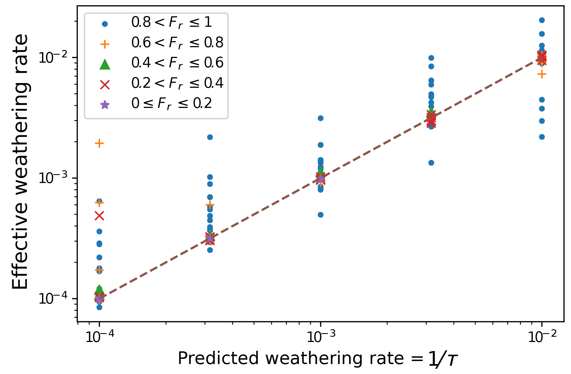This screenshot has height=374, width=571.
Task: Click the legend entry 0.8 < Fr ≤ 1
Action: (x=171, y=23)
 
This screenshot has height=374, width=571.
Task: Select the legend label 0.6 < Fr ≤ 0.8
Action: (x=177, y=43)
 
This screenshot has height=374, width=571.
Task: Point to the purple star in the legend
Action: (x=105, y=105)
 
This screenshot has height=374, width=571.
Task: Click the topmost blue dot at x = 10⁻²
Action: (x=542, y=20)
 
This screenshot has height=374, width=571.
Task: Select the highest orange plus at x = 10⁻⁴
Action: (x=99, y=143)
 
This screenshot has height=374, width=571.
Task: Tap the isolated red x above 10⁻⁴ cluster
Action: (x=99, y=216)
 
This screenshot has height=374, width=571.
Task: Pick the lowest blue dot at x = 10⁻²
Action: (x=542, y=137)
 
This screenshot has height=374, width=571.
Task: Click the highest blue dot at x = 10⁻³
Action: (x=320, y=118)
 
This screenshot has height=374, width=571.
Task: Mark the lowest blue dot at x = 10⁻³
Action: (x=320, y=215)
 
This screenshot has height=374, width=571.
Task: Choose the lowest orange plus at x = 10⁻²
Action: (x=542, y=74)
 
